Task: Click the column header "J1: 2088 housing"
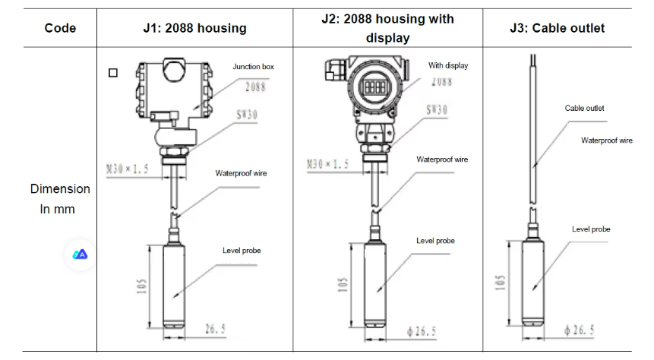194,28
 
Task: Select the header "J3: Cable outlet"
557,28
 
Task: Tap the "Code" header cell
60,28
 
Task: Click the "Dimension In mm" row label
60,198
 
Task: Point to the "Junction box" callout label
253,67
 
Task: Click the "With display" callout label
448,65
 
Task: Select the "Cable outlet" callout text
584,109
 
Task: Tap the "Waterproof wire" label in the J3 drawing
606,141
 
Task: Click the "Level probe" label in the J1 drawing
241,251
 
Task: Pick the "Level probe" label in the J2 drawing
435,241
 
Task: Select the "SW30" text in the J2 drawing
437,110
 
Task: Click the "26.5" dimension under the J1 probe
216,329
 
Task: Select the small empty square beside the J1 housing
113,73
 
